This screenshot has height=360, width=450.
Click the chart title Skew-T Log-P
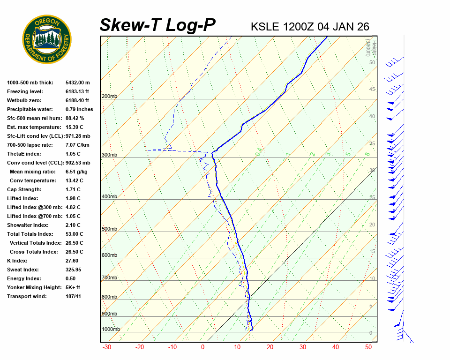[x=157, y=25]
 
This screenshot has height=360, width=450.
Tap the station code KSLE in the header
[x=265, y=27]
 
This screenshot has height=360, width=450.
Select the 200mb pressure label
[x=109, y=97]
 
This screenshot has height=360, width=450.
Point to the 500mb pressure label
[x=109, y=229]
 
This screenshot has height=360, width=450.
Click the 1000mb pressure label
[x=111, y=330]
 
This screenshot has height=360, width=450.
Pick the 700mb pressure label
[x=109, y=278]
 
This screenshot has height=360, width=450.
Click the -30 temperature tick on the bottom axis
[x=106, y=347]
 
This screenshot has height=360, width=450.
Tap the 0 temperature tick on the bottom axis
[x=202, y=347]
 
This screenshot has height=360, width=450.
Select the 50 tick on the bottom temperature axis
[x=368, y=347]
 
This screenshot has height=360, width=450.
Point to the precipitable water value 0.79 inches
[x=79, y=109]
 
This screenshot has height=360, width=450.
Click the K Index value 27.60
[x=72, y=261]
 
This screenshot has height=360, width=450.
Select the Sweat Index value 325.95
[x=73, y=270]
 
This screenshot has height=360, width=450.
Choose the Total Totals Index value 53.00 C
[x=74, y=234]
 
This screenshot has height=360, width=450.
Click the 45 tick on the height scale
[x=372, y=90]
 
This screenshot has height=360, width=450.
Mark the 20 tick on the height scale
[x=372, y=225]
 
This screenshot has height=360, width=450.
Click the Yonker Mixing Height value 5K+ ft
[x=73, y=287]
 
